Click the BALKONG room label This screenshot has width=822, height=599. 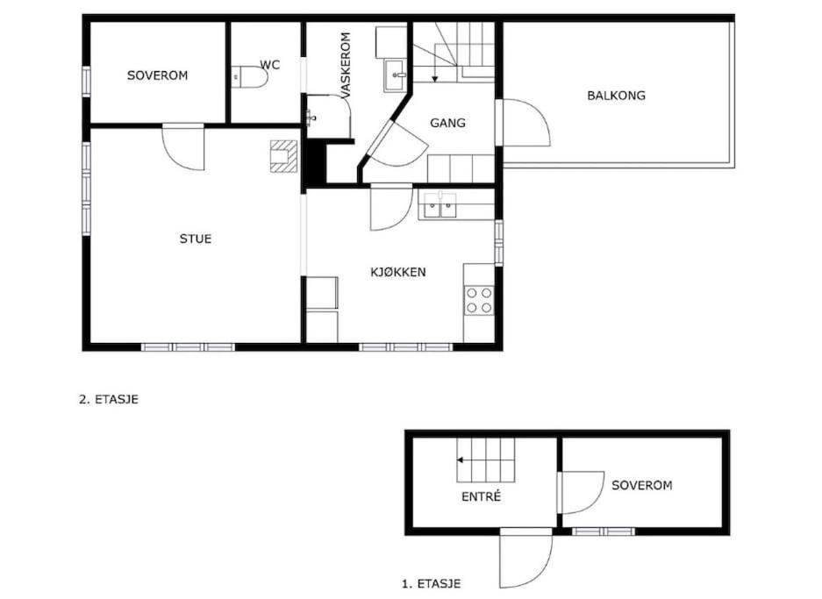click(616, 96)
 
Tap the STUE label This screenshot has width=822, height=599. click(196, 239)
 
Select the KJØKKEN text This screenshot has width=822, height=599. click(398, 272)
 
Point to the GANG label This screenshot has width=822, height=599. click(447, 123)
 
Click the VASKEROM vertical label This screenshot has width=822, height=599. click(346, 66)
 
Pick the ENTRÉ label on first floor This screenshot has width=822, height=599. click(482, 496)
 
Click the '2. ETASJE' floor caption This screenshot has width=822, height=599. click(109, 399)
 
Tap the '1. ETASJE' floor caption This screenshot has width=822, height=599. click(431, 583)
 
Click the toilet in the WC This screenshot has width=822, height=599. click(250, 77)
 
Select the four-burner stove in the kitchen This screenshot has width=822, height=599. click(479, 300)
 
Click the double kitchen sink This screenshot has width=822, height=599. click(440, 205)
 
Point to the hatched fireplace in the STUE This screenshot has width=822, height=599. click(283, 156)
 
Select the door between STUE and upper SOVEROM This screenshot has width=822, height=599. click(183, 147)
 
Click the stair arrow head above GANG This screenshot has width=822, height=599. click(434, 79)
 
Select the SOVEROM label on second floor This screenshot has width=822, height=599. click(157, 75)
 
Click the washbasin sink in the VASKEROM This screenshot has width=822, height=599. click(396, 75)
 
